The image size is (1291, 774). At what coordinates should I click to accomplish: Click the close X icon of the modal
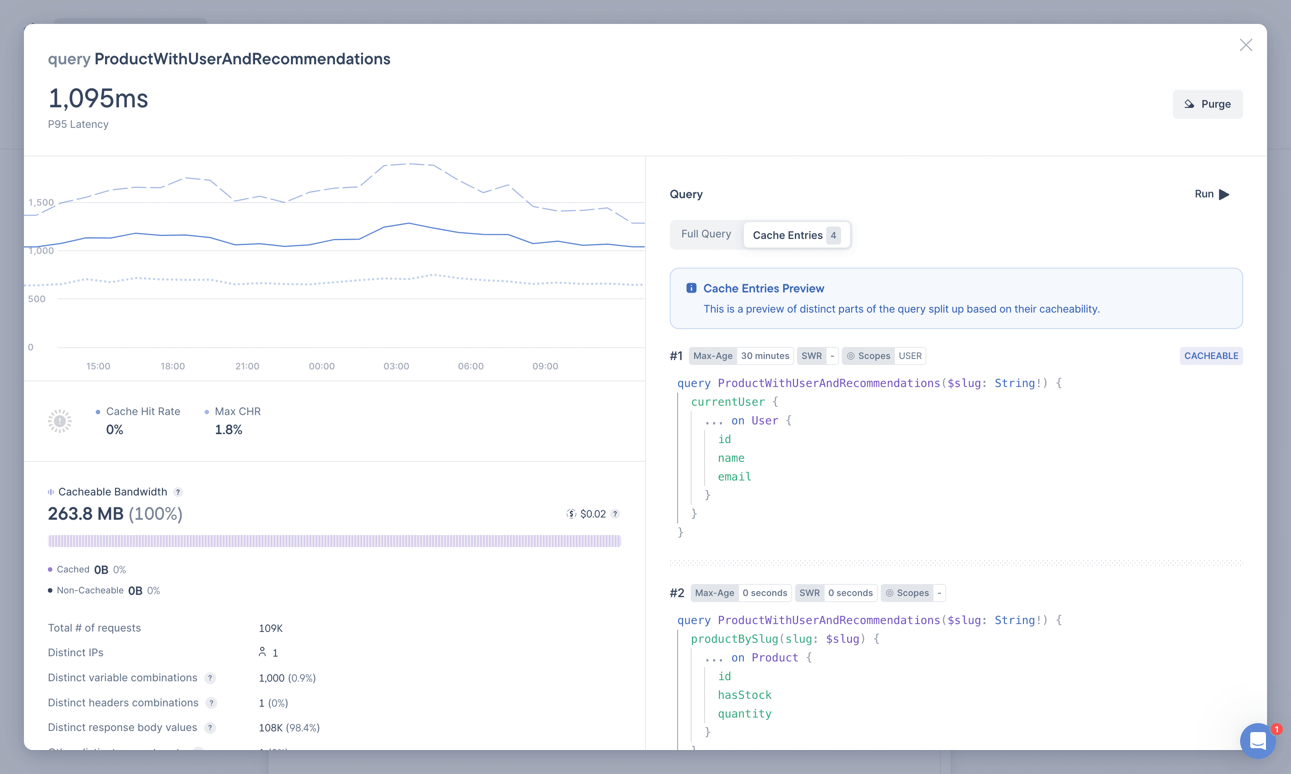click(x=1246, y=45)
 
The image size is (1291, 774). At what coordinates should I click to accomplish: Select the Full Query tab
click(x=706, y=234)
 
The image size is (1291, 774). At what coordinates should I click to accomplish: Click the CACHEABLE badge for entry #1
click(x=1211, y=356)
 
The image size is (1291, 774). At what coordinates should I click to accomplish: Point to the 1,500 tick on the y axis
click(x=41, y=202)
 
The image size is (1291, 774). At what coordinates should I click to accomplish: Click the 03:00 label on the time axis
click(x=396, y=366)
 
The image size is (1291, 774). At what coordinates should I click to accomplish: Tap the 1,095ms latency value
click(x=98, y=99)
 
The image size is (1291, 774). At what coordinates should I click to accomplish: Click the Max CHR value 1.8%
click(x=229, y=430)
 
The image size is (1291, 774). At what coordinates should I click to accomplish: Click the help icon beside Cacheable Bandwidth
click(x=178, y=492)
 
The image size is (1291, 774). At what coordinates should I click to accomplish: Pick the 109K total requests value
click(x=270, y=628)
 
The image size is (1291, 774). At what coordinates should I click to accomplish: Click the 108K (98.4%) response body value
click(x=289, y=728)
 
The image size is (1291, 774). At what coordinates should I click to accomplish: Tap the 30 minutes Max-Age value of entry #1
click(x=765, y=356)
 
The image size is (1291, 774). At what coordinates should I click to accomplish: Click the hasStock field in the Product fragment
click(x=744, y=695)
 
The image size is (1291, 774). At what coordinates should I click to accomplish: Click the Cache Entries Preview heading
click(x=763, y=288)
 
